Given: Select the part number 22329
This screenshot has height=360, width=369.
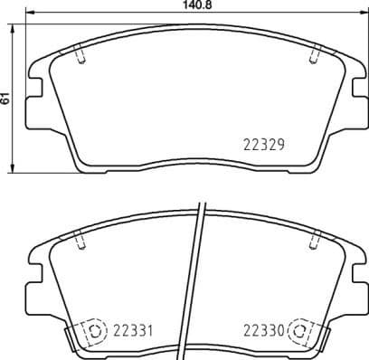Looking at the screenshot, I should click(x=265, y=143).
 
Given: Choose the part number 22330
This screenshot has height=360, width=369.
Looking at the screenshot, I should click(x=264, y=330).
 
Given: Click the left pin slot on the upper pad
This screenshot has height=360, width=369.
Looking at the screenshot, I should click(x=81, y=56).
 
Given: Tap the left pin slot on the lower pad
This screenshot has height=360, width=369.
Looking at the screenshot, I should click(x=81, y=242).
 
